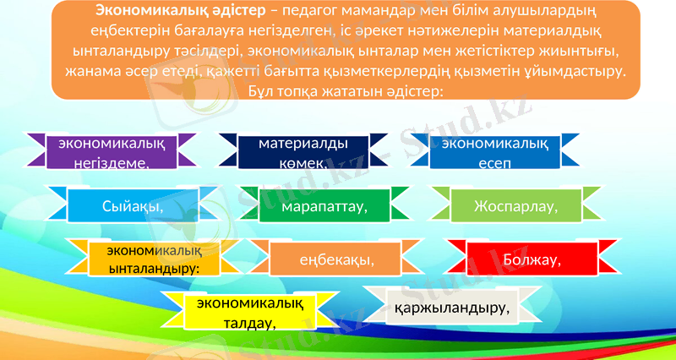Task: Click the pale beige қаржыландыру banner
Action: [452, 307]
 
